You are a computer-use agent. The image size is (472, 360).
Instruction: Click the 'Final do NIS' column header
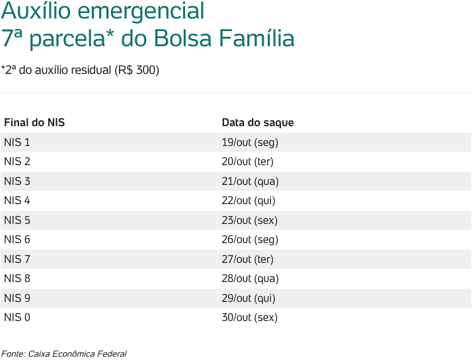(34, 123)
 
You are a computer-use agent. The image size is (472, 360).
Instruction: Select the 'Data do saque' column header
(258, 123)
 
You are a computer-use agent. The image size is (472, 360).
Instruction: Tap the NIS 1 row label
(17, 142)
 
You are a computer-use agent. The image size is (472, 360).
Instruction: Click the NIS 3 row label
(17, 181)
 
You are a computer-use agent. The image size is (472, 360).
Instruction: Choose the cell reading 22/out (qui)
(249, 200)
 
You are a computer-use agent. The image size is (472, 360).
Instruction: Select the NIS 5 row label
(17, 220)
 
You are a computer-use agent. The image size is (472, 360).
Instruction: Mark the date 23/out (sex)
(250, 220)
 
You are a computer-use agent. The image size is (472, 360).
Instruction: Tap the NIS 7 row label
(17, 259)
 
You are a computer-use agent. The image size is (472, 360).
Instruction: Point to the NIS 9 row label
(17, 298)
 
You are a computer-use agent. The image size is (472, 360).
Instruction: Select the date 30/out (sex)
(250, 317)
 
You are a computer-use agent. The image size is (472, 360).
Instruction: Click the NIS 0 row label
(17, 317)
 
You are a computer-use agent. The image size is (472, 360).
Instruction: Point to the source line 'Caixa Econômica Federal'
(77, 353)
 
